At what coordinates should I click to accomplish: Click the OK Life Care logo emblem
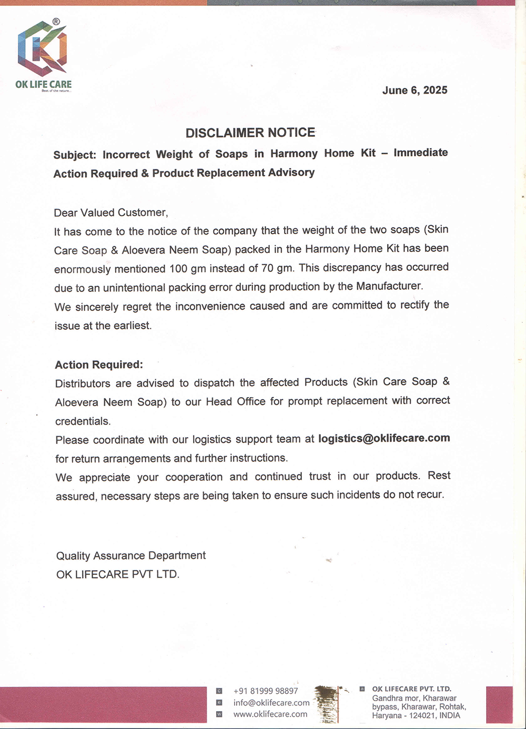click(x=43, y=48)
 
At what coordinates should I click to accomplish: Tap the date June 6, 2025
click(x=414, y=90)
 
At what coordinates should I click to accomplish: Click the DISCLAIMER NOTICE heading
click(x=250, y=133)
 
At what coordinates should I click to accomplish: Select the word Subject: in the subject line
click(x=75, y=155)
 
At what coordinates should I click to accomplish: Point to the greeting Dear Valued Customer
click(x=110, y=212)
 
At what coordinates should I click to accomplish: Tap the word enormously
click(x=82, y=269)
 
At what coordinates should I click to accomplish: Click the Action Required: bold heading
click(x=99, y=364)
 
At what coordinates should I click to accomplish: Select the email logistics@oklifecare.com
click(x=384, y=438)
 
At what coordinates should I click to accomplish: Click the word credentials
click(x=83, y=421)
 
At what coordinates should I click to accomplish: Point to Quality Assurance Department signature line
click(x=131, y=555)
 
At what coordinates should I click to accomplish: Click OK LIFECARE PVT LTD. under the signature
click(x=118, y=574)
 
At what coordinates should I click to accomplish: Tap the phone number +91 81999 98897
click(x=266, y=691)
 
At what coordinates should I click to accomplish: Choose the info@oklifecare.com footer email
click(x=271, y=703)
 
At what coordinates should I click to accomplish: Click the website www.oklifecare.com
click(x=270, y=714)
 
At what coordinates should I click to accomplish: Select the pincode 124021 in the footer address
click(x=422, y=715)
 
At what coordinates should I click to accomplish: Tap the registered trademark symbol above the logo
click(x=56, y=22)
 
